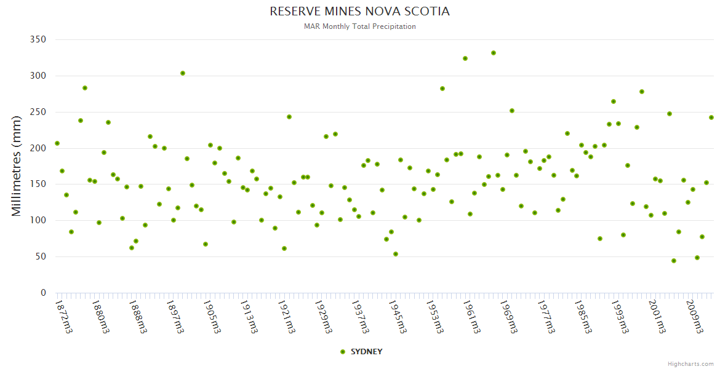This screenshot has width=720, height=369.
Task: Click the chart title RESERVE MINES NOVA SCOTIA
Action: click(x=359, y=12)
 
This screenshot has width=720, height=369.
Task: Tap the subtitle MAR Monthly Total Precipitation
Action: click(x=359, y=26)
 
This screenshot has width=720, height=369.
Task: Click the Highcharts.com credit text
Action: click(x=690, y=363)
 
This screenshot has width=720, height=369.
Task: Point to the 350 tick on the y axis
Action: click(x=38, y=39)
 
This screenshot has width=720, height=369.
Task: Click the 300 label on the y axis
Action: click(x=38, y=76)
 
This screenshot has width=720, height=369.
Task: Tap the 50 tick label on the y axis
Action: click(x=41, y=256)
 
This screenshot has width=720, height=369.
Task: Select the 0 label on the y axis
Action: click(x=43, y=293)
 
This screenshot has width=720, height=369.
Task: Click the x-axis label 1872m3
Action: click(x=63, y=315)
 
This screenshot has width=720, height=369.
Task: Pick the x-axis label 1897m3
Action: click(x=175, y=315)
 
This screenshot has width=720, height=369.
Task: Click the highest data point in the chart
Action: click(x=494, y=53)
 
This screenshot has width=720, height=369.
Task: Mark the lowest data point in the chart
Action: click(x=674, y=261)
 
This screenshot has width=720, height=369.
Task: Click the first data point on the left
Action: click(x=57, y=143)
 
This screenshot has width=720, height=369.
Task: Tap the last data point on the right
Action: click(x=711, y=117)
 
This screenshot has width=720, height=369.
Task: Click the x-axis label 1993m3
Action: click(x=620, y=315)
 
